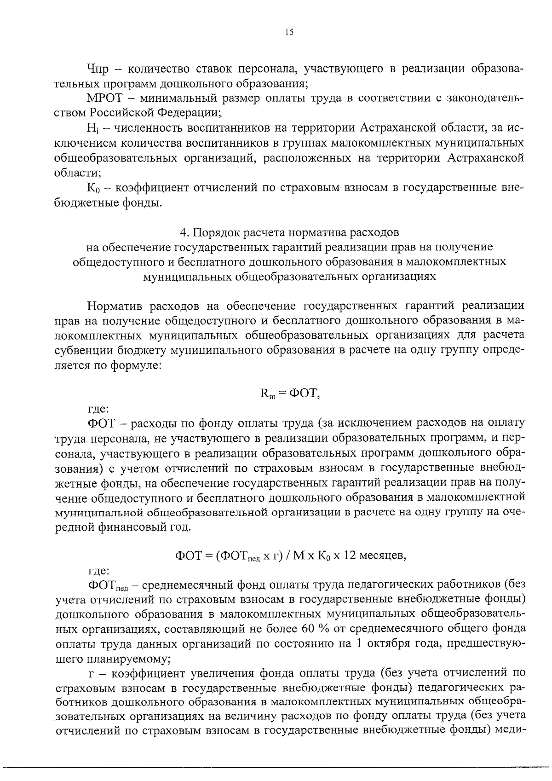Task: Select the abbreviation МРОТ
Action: coord(103,98)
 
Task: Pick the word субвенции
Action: coord(85,351)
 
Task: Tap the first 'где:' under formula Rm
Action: coord(98,408)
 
